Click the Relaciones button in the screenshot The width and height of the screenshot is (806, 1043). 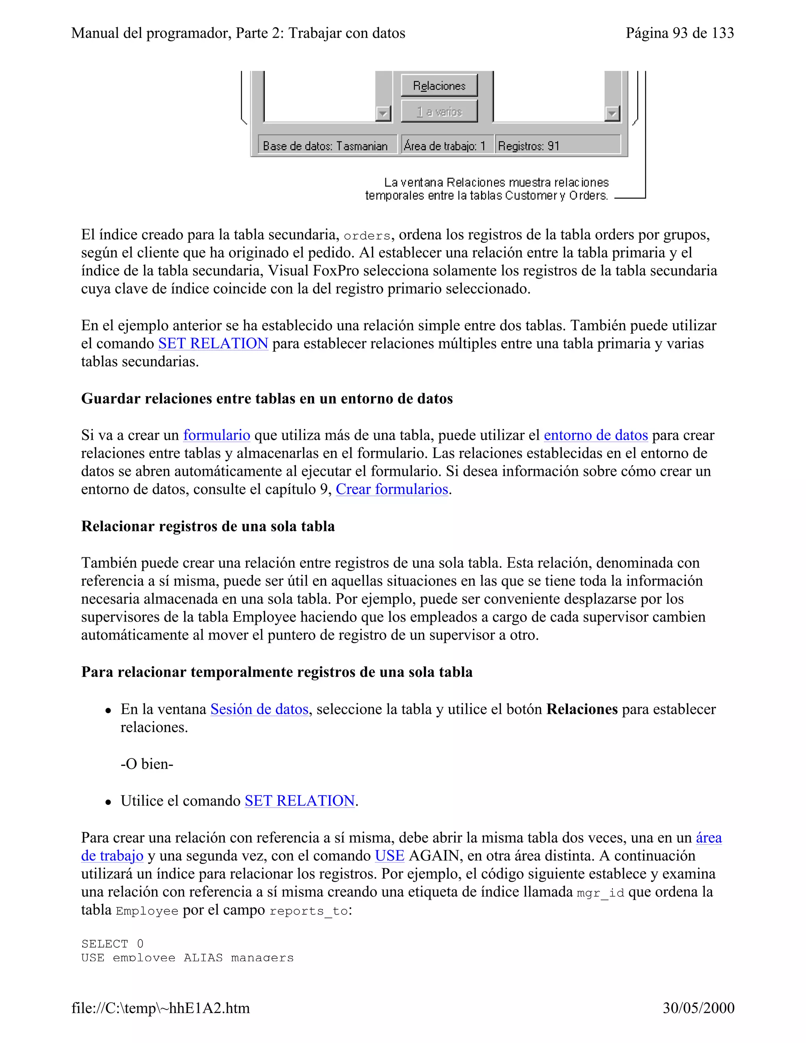(x=439, y=86)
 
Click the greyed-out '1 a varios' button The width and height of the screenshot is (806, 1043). (x=439, y=112)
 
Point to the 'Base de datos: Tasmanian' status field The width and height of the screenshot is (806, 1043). (x=325, y=146)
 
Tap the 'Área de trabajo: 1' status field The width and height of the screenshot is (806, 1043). (x=445, y=146)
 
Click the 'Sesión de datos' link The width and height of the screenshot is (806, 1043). (x=259, y=709)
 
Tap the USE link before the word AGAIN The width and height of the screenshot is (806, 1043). (x=389, y=856)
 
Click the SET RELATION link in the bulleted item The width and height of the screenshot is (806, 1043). (x=299, y=801)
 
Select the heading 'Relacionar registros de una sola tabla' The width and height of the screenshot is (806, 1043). (x=208, y=526)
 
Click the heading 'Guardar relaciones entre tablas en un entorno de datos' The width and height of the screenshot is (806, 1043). (x=267, y=399)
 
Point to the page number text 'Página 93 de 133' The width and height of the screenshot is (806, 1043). (x=679, y=33)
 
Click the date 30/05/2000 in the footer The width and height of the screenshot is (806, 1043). (x=698, y=1008)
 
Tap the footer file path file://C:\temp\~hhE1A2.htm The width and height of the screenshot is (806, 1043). (x=161, y=1008)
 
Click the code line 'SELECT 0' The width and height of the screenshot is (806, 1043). (x=112, y=944)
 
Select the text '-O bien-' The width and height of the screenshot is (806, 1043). (x=146, y=764)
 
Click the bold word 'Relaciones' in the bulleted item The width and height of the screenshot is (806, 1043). (x=582, y=709)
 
